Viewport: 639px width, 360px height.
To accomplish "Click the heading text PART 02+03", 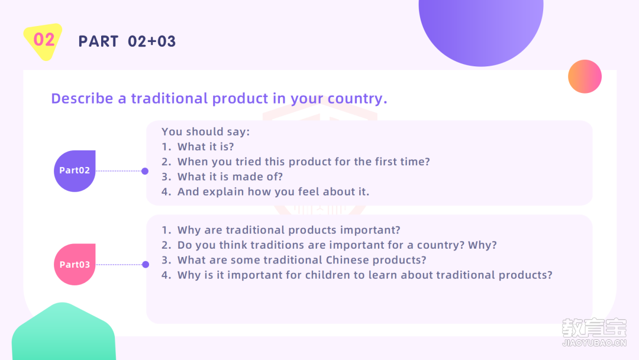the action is [127, 41].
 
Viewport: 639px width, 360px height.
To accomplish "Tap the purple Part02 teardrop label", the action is [75, 171].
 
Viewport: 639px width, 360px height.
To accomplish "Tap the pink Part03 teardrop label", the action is [75, 265].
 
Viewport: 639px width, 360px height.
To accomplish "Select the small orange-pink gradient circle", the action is [585, 76].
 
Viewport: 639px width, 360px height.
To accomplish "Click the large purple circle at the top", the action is [481, 28].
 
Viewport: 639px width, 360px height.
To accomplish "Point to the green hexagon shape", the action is [63, 332].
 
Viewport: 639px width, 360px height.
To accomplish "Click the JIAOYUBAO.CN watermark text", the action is [594, 343].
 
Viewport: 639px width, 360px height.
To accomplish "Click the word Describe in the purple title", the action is [82, 98].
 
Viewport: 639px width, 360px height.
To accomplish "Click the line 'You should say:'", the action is [206, 131].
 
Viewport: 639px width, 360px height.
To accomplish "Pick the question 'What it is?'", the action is [205, 147].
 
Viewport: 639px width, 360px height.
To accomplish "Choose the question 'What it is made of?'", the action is [230, 176].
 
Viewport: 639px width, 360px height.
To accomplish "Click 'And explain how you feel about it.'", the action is [273, 192].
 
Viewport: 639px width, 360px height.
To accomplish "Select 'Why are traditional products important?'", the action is [289, 230].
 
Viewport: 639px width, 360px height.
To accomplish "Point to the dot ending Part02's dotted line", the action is [145, 171].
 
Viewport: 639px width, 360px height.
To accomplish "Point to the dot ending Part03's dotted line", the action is [146, 265].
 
